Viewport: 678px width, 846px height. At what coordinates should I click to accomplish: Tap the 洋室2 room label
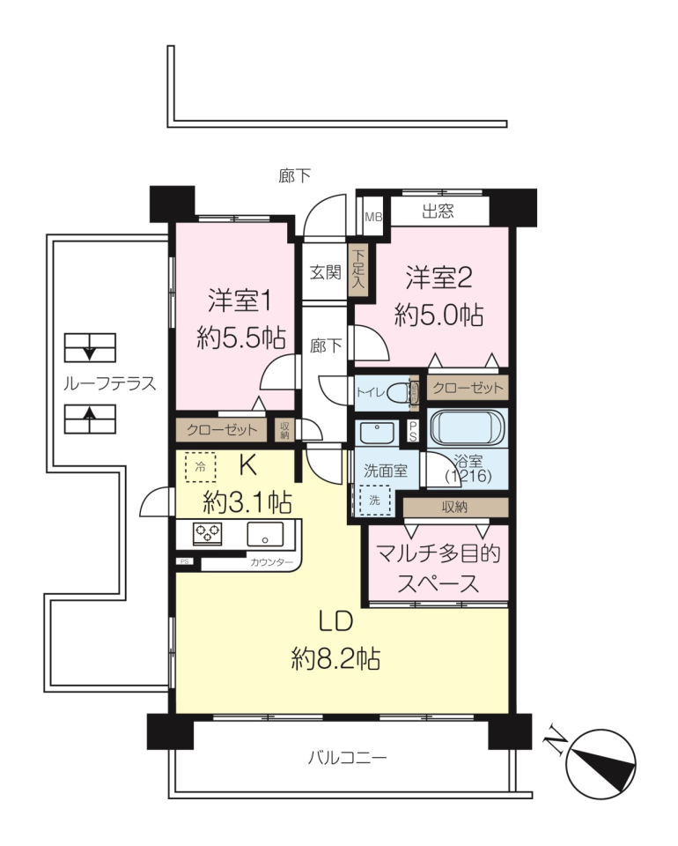click(438, 278)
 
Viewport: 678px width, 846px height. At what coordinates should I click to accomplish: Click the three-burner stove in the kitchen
click(207, 533)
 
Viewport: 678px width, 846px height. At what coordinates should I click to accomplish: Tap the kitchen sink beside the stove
click(265, 534)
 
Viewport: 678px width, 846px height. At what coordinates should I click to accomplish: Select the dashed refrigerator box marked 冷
click(200, 467)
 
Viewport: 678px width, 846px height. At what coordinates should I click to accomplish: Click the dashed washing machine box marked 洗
click(374, 501)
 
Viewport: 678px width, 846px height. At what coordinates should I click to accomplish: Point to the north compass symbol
click(601, 765)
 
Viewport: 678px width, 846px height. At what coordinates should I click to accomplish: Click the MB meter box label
click(373, 217)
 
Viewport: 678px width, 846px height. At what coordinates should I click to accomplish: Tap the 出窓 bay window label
click(438, 211)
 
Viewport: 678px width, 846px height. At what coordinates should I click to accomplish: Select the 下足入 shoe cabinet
click(357, 271)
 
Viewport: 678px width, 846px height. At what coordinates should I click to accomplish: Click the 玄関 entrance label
click(326, 272)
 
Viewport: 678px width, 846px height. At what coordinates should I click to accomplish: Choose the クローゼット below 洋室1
click(222, 430)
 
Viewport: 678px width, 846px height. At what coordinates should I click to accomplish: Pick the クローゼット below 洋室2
click(468, 388)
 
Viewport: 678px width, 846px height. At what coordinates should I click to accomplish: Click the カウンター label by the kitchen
click(271, 562)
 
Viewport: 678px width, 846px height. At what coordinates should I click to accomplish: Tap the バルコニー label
click(347, 758)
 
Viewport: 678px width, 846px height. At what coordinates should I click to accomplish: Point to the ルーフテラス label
click(109, 383)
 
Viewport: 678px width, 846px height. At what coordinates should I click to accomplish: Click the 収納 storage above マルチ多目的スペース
click(455, 507)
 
